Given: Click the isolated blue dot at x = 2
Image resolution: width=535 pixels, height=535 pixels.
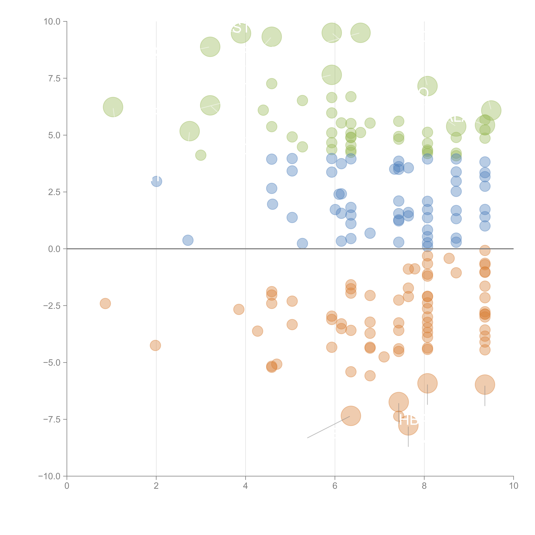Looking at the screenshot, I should click(x=156, y=181).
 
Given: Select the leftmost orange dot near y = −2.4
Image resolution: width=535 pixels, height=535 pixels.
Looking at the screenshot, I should click(x=105, y=303).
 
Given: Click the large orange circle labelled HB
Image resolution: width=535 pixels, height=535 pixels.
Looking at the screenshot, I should click(x=408, y=425).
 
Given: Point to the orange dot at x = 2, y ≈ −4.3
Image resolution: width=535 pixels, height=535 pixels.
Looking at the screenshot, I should click(x=155, y=345).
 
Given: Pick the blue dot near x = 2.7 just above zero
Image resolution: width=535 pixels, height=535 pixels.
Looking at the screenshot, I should click(x=188, y=240).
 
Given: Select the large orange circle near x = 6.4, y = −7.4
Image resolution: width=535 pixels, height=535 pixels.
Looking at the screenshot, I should click(x=351, y=416).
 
